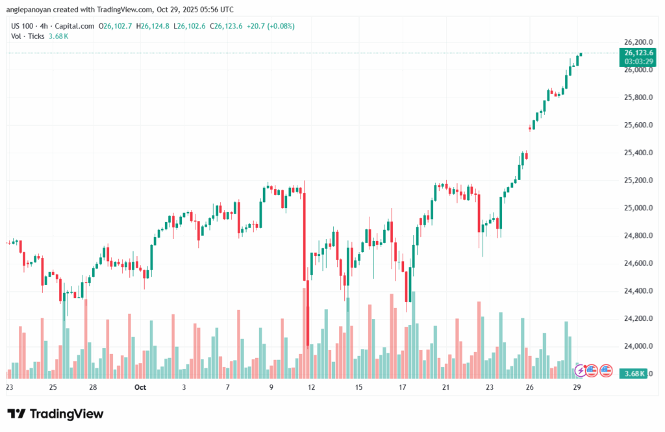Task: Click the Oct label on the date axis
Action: coord(140,387)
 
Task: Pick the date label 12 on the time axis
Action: coord(312,387)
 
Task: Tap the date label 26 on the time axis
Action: coord(530,387)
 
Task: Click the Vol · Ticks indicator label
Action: coord(27,36)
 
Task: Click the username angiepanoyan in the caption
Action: coord(31,10)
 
